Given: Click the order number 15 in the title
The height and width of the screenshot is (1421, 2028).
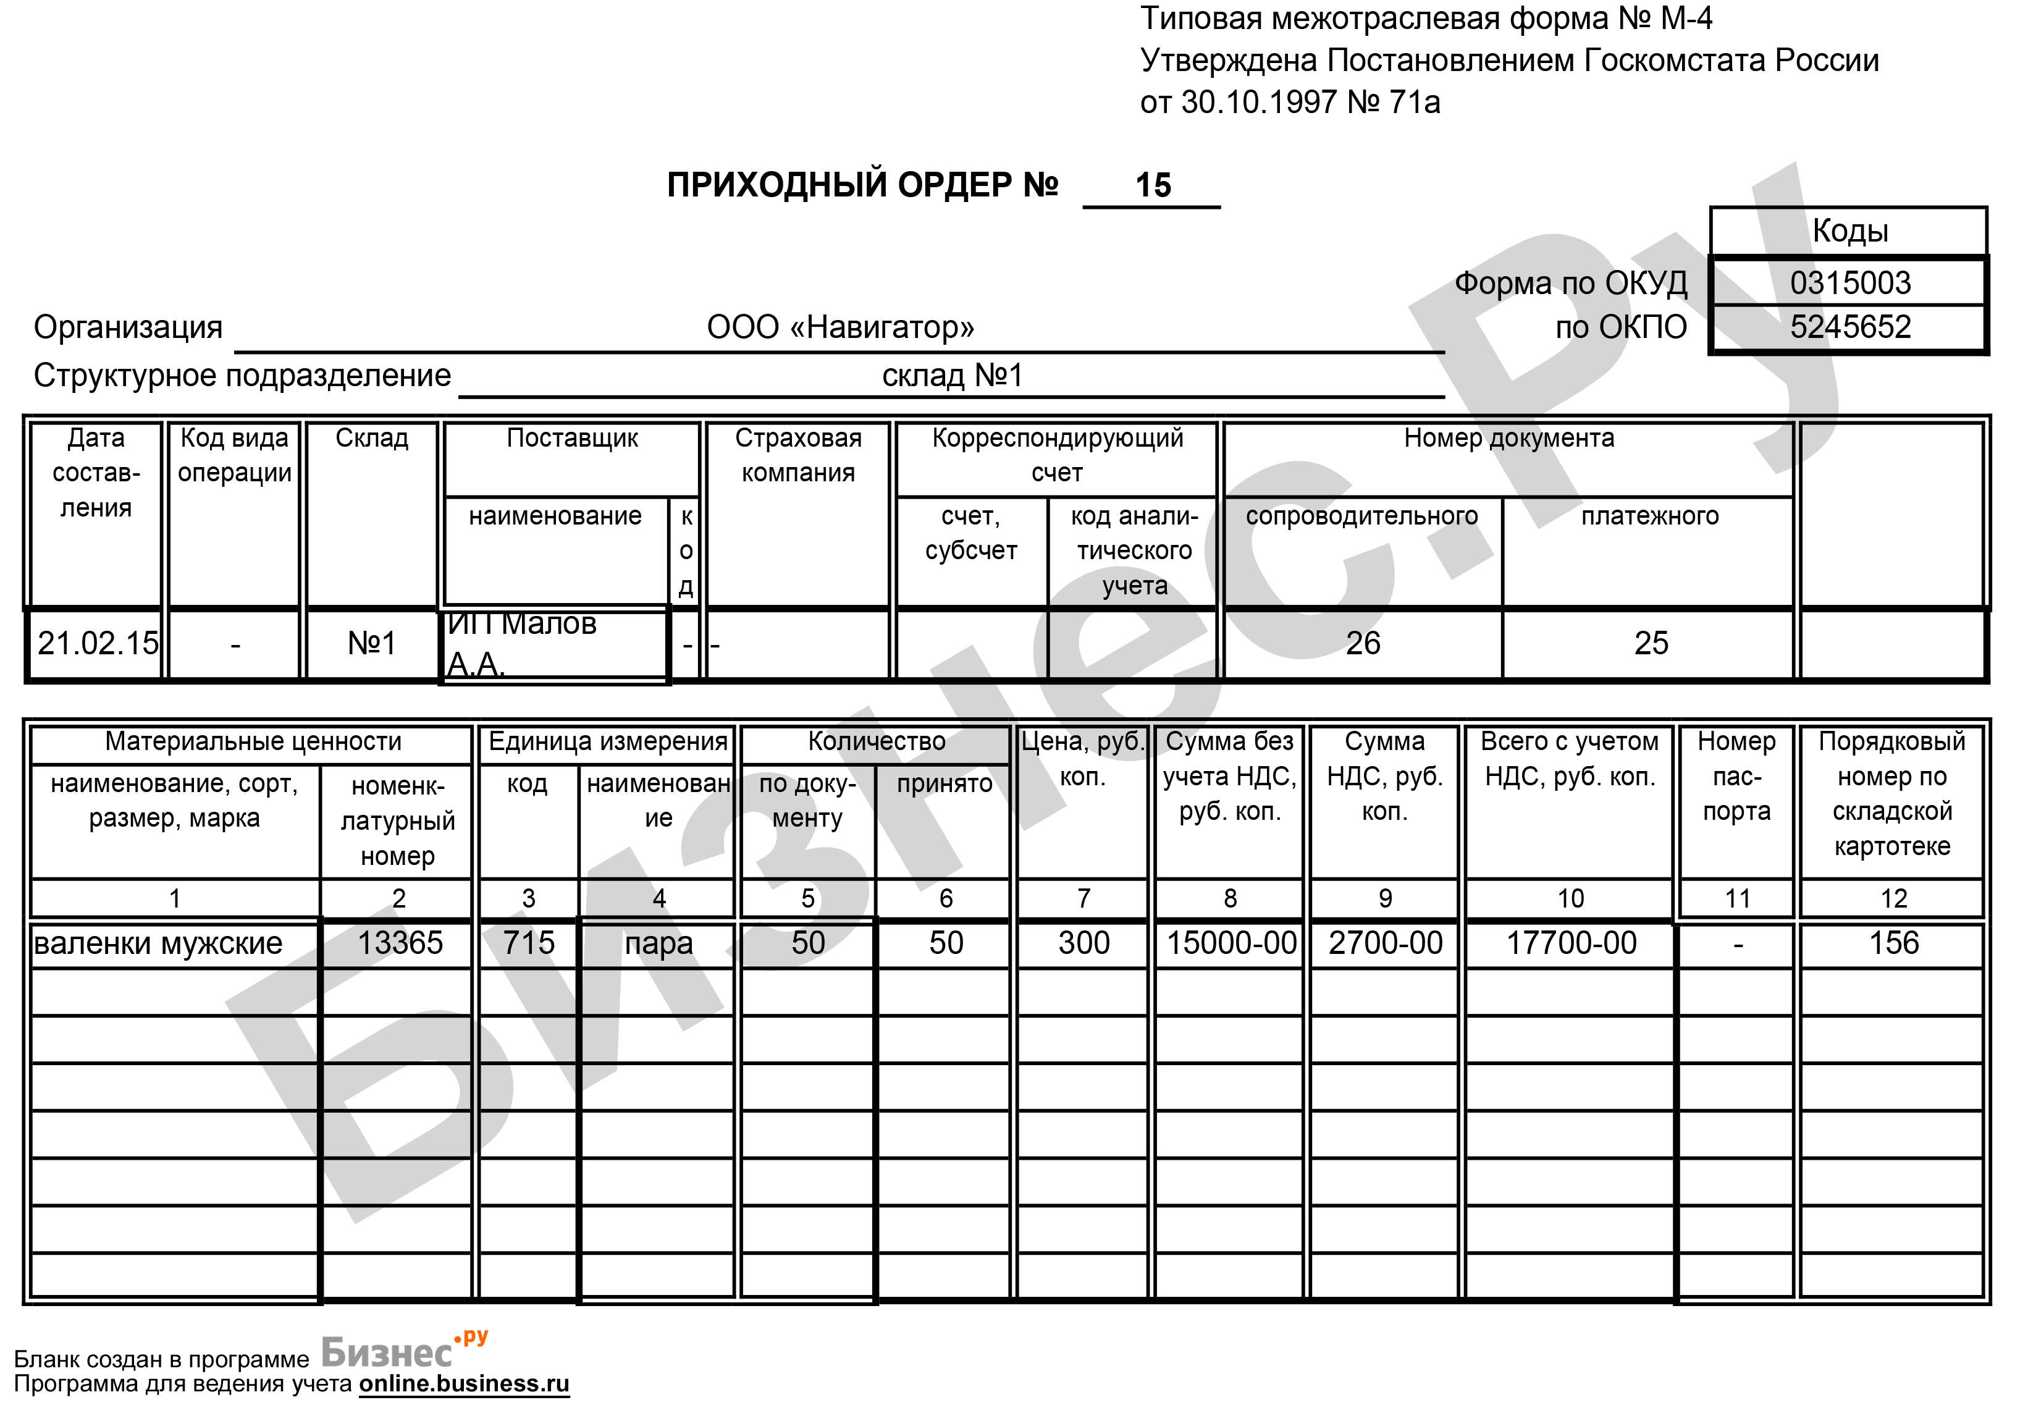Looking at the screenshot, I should coord(1152,185).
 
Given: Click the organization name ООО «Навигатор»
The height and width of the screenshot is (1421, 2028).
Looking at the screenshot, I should coord(840,327).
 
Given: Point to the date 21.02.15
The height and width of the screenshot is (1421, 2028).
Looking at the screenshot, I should coord(97,643).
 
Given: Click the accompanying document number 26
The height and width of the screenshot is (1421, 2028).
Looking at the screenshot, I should coord(1362,643).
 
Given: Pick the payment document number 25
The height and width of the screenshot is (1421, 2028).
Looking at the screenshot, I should coord(1650,643).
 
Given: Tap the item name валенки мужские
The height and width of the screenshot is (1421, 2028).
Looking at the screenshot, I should coord(158,943).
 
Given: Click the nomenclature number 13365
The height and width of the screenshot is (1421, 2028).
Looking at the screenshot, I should coord(399,943).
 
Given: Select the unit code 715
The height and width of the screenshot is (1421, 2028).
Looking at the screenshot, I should coord(528,943).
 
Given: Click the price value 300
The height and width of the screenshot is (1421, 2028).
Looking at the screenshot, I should coord(1083,943).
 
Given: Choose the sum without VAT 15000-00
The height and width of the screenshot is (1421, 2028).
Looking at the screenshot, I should coord(1231,943).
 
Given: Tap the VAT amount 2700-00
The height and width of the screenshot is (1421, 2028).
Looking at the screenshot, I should coord(1385,943).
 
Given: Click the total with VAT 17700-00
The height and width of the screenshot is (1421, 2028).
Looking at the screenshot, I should coord(1570,943).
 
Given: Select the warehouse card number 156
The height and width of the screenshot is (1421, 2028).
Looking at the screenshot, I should coord(1893,943).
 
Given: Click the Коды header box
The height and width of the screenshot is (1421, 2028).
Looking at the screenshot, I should coord(1849,230).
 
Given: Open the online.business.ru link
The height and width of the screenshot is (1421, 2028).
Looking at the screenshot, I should coord(464,1384).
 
